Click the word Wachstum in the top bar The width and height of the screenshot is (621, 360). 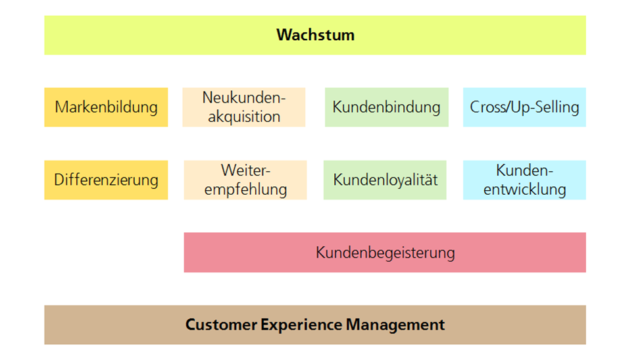coord(315,35)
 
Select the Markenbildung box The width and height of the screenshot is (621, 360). coord(106,107)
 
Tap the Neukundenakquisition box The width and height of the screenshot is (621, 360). coord(244,107)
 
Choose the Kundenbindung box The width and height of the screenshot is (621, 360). coord(387,107)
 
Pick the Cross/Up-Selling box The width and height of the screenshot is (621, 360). coord(524,107)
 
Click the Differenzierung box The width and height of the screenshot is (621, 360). coord(106,180)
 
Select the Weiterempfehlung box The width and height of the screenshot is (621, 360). coord(245,180)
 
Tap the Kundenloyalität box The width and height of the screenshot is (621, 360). coord(385,180)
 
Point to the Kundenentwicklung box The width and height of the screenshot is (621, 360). coord(524,180)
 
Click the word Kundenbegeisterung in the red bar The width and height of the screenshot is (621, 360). coord(385,253)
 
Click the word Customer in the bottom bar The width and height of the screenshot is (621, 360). coord(222,324)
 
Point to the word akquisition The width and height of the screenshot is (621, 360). coord(244,117)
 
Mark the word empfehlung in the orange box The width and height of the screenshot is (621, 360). coord(245,190)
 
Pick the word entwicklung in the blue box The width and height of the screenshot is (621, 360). coord(525,190)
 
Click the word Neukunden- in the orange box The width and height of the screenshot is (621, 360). coord(244,97)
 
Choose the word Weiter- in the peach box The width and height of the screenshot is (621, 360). coord(245,170)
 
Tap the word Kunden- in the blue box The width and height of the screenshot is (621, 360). coord(524,170)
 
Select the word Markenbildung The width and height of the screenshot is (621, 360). coord(106,107)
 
